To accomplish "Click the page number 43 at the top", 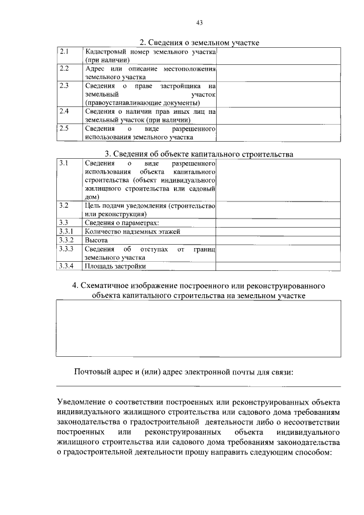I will pos(199,23).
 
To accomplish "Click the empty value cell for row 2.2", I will pos(278,72).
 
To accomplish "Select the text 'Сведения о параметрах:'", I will pos(122,223).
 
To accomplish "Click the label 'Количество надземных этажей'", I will pos(132,232).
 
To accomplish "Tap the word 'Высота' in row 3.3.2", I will pos(96,240).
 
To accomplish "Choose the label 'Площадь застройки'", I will pos(115,266).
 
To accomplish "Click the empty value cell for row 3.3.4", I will pos(278,266).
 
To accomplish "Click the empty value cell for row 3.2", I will pos(278,209).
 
